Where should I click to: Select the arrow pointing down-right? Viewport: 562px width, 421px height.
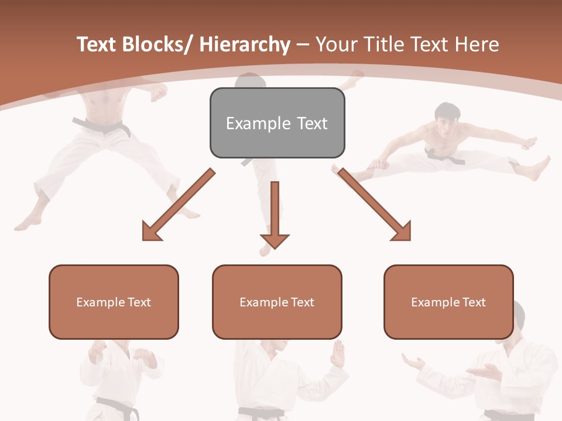tap(375, 205)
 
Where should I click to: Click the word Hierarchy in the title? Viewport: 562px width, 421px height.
tap(245, 44)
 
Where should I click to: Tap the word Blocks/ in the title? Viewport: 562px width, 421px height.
tap(156, 44)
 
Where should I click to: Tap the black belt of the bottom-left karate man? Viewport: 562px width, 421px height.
tap(117, 405)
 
